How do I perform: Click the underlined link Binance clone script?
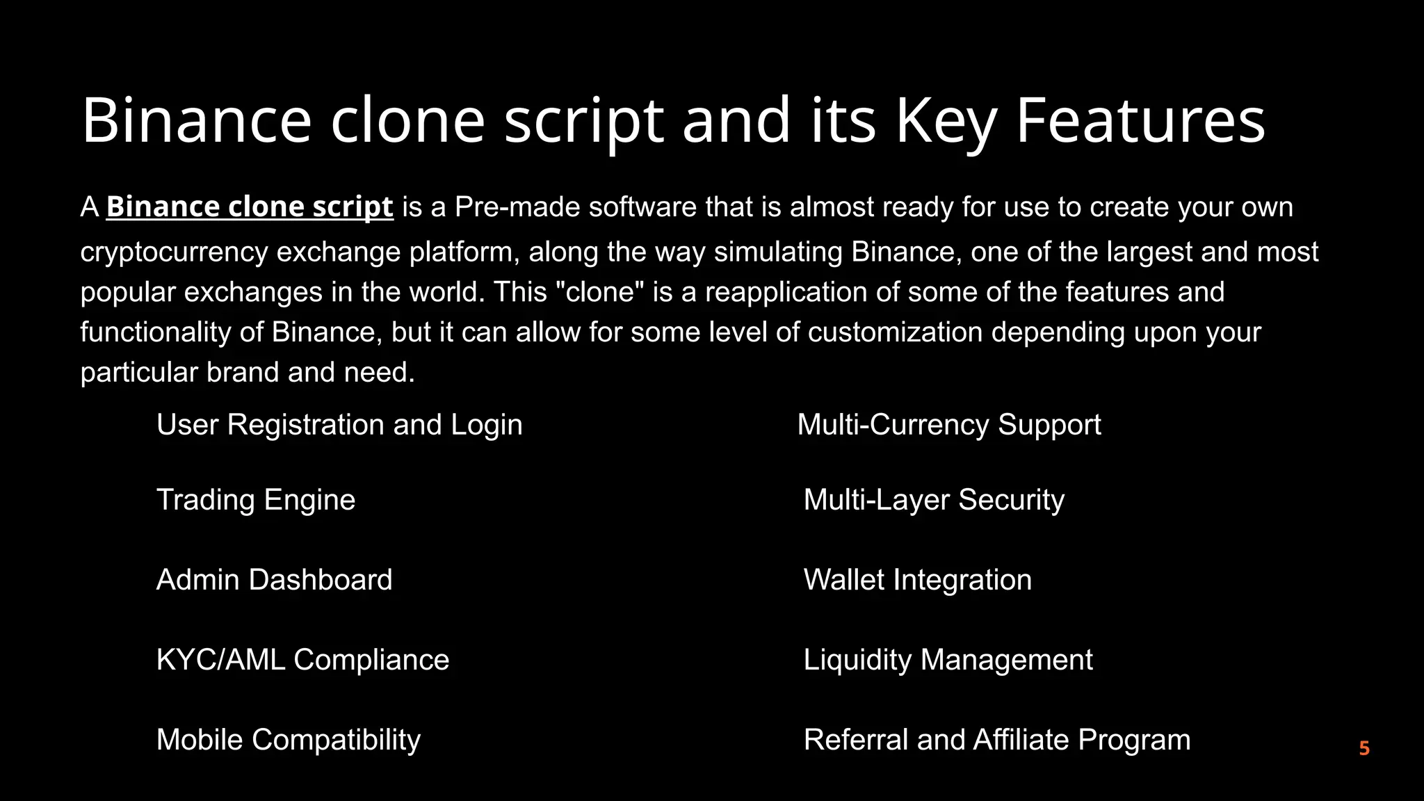click(x=250, y=207)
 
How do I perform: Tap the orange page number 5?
click(x=1364, y=748)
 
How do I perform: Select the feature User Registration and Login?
click(x=339, y=425)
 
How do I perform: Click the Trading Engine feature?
click(x=256, y=500)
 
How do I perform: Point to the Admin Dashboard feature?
click(x=275, y=580)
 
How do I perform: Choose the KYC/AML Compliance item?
click(x=303, y=660)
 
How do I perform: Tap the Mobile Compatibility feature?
click(x=289, y=740)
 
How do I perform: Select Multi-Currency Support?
click(x=949, y=425)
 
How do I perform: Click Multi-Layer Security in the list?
click(x=934, y=500)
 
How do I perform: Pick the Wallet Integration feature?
click(x=918, y=580)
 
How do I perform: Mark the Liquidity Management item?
click(x=948, y=660)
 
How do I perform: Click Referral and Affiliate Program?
click(x=997, y=740)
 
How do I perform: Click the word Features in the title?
click(x=1140, y=120)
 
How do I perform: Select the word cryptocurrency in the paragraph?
click(x=174, y=252)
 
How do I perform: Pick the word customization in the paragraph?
click(x=896, y=332)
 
